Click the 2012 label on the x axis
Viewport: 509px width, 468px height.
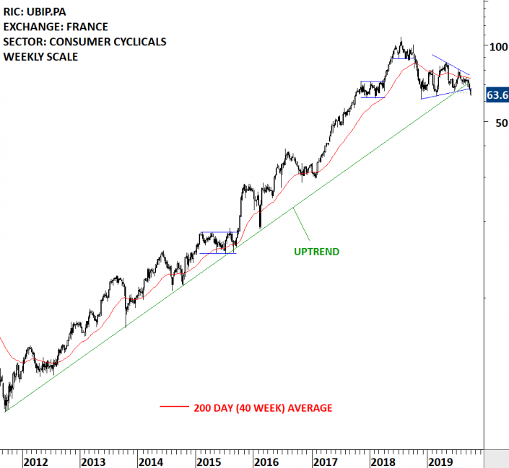[37, 460]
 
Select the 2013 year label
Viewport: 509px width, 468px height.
[93, 460]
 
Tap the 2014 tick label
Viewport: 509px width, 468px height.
[150, 460]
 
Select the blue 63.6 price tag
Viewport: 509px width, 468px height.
[497, 95]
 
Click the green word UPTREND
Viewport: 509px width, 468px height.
[316, 252]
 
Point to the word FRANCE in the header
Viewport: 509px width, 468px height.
[86, 27]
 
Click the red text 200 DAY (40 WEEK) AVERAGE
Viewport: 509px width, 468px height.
[263, 408]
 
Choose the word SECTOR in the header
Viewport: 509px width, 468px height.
[22, 41]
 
